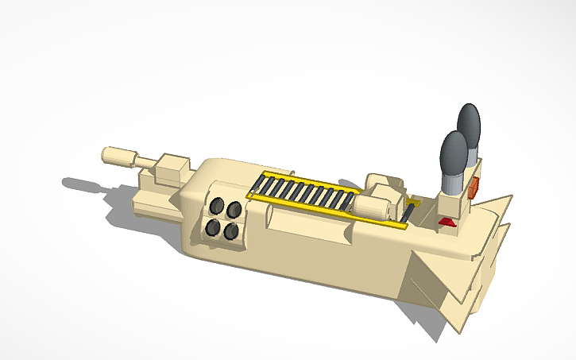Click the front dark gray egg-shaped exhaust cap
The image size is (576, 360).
click(x=454, y=153)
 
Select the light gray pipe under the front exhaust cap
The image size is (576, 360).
click(x=450, y=185)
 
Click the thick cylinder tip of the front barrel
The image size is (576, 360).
click(x=120, y=155)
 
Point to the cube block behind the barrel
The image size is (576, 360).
click(x=173, y=170)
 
